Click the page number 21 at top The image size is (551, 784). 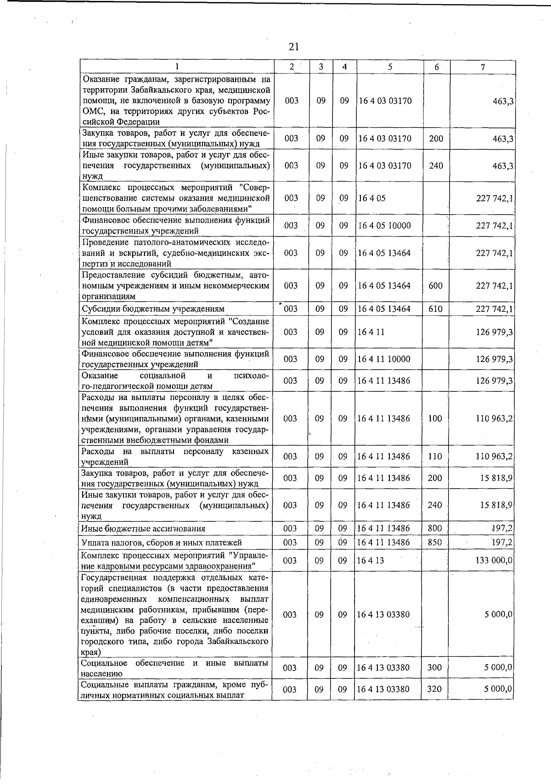pos(294,47)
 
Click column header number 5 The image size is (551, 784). pos(389,67)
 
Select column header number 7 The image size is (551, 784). pos(483,67)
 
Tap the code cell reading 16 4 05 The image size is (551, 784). pos(372,198)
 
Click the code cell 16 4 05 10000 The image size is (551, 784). pos(384,226)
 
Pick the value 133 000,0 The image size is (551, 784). pos(494,560)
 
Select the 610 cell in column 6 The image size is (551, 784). pos(435,309)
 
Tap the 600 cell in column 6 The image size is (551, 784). pos(435,286)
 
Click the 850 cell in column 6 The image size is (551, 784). pos(434,542)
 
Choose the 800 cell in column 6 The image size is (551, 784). pos(434,529)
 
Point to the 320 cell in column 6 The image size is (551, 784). pos(434,689)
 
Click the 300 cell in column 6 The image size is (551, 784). pos(434,668)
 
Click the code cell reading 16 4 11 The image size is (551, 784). pos(371,332)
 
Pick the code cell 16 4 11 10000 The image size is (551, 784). pos(384,359)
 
